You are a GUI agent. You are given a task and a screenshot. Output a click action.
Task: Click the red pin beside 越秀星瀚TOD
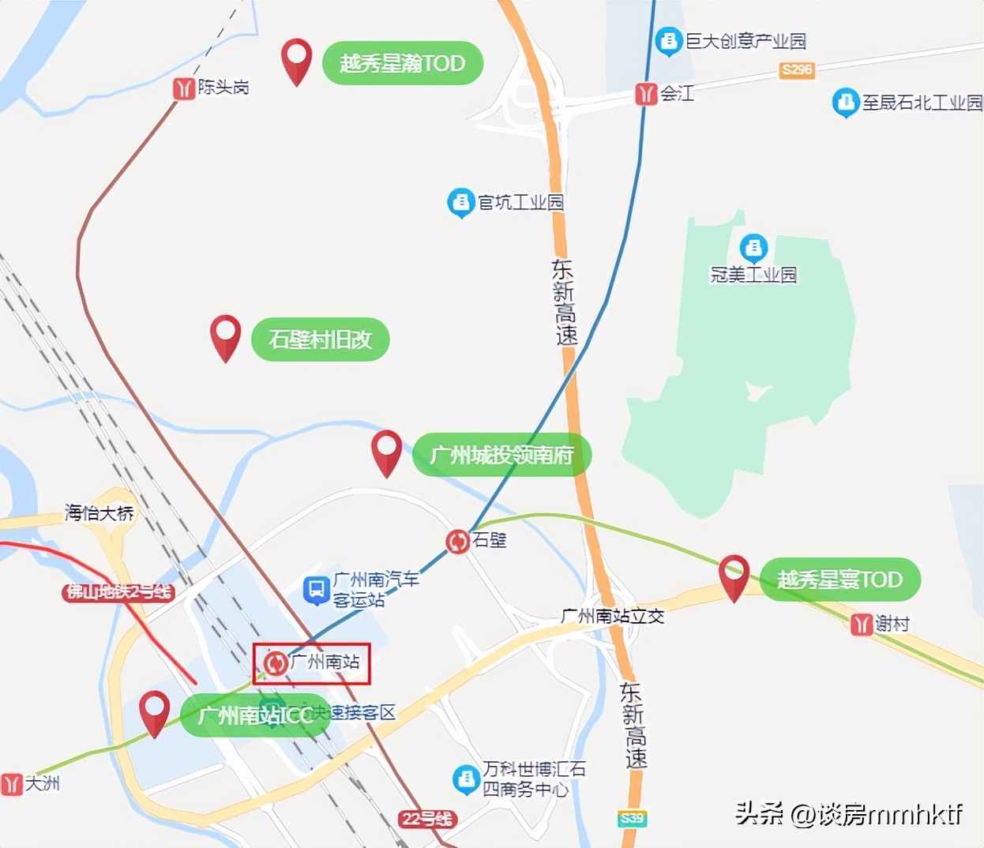coord(297,60)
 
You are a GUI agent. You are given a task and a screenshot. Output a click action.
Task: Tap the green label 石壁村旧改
coord(320,340)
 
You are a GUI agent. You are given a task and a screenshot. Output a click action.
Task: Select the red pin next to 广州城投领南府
coord(386,452)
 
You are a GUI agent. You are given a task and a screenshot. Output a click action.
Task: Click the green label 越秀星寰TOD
coord(839,580)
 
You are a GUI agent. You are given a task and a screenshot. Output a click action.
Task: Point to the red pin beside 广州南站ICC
coord(155,712)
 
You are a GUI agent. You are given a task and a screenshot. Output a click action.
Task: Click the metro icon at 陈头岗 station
coord(184,88)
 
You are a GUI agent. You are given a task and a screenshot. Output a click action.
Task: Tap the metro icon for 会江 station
coord(646,95)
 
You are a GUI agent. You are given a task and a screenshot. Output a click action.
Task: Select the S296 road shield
coord(796,69)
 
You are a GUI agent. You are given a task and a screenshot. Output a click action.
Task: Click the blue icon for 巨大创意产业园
coord(669,41)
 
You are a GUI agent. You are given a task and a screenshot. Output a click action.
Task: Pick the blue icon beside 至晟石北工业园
coord(845,103)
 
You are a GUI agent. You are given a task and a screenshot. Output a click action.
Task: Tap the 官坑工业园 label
coord(520,203)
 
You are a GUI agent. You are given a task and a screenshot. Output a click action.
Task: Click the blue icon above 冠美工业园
coord(753,248)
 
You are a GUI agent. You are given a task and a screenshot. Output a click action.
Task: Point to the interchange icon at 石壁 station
coord(457,542)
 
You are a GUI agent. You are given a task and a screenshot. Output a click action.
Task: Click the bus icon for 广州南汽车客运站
coord(317,590)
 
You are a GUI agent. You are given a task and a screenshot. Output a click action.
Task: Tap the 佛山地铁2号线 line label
coord(118,592)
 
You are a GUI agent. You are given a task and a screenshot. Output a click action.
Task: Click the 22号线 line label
coord(426,819)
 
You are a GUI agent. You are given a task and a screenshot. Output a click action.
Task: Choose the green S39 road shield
coord(632,819)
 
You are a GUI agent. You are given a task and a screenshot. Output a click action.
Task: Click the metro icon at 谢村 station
coord(862,625)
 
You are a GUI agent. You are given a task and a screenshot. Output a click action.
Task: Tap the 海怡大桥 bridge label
coord(100,513)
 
